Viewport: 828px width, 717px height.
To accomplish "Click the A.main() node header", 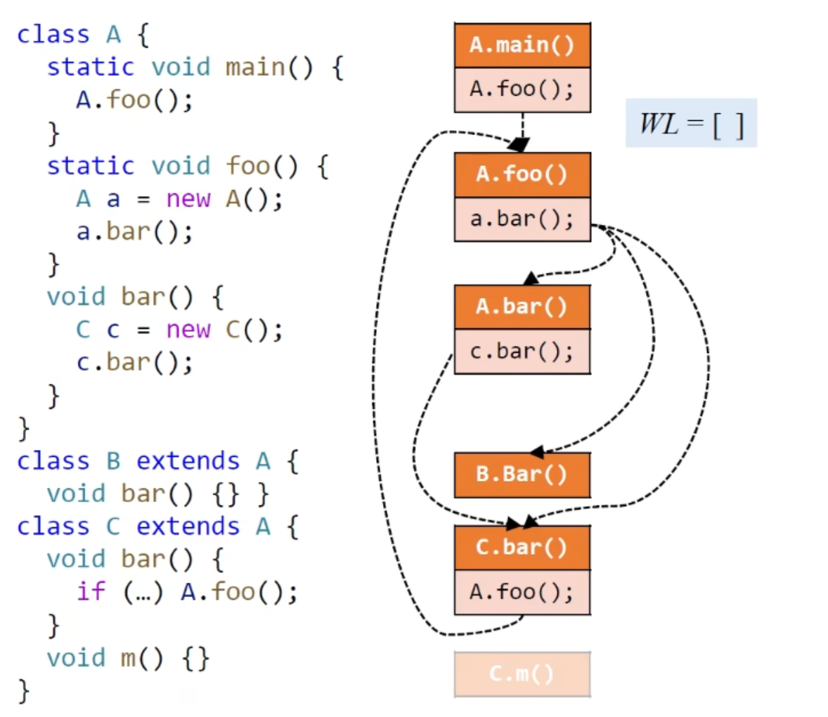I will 522,45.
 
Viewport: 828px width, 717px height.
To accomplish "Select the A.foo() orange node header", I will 522,174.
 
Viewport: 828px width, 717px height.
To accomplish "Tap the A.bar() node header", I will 522,306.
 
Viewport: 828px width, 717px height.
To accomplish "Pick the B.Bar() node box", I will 522,474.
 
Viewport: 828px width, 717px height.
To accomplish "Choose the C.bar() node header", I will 522,547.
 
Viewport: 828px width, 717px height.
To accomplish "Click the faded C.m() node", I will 522,674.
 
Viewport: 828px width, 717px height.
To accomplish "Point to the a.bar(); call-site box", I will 522,219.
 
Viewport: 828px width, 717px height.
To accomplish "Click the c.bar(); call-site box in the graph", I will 522,351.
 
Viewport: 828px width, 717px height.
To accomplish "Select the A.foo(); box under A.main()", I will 522,89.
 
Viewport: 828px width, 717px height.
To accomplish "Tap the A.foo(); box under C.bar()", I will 522,592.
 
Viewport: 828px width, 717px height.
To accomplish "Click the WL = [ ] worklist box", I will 691,124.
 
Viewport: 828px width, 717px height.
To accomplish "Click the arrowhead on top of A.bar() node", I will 531,278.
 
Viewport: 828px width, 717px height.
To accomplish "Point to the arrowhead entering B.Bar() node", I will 537,451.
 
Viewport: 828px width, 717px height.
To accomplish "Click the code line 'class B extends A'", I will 157,461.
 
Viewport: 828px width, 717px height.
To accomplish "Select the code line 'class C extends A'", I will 157,527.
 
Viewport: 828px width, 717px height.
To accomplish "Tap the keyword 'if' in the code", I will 91,591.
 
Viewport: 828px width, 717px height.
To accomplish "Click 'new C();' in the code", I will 224,330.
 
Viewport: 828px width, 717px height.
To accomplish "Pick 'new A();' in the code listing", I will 224,199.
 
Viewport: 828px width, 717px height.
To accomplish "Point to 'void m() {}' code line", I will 128,658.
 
